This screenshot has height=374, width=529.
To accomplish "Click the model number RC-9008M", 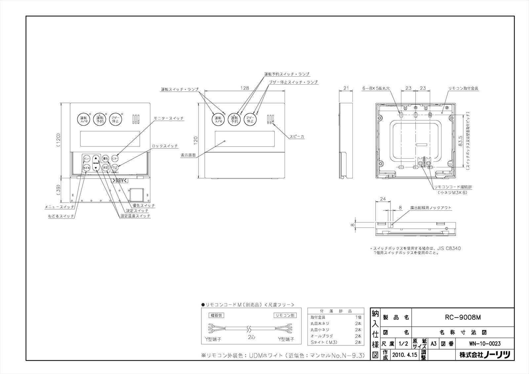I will (x=463, y=317).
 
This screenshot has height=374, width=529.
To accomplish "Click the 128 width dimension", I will (x=244, y=88).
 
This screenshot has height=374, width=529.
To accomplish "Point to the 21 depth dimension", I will (x=346, y=88).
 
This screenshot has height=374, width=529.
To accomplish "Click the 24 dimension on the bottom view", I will (x=383, y=199).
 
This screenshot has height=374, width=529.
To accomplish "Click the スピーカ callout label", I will (x=297, y=136).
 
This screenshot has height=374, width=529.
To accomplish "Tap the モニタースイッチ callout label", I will (x=169, y=118).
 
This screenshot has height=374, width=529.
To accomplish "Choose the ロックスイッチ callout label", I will (x=165, y=146).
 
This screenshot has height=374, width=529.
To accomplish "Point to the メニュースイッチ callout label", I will (x=60, y=207).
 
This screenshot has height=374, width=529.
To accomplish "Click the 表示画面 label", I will (x=188, y=155).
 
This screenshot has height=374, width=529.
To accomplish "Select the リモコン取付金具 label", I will (x=463, y=89).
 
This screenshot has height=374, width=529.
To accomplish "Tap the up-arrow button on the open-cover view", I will (x=96, y=158).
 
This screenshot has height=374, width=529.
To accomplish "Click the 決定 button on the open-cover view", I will (x=105, y=168).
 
